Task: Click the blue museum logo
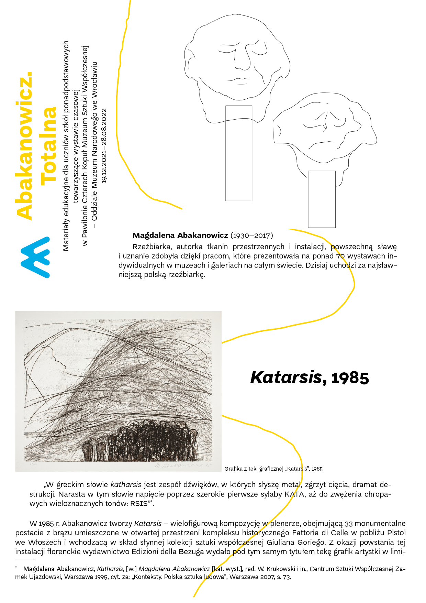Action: click(x=35, y=257)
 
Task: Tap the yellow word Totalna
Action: click(x=49, y=146)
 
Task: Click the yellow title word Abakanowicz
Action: click(x=25, y=146)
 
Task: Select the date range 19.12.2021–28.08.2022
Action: click(x=104, y=146)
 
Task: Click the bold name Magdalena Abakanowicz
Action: click(x=180, y=235)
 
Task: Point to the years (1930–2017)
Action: click(x=252, y=235)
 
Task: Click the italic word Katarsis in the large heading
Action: click(x=286, y=377)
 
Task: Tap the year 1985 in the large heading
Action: click(x=350, y=378)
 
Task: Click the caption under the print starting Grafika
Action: click(x=273, y=469)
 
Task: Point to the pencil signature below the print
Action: click(x=182, y=466)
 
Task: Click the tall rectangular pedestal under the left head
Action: click(x=239, y=153)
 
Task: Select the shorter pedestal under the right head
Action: click(x=322, y=199)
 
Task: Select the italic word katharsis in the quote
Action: click(x=126, y=485)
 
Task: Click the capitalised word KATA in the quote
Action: click(x=294, y=494)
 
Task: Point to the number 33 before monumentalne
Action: click(x=349, y=524)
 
